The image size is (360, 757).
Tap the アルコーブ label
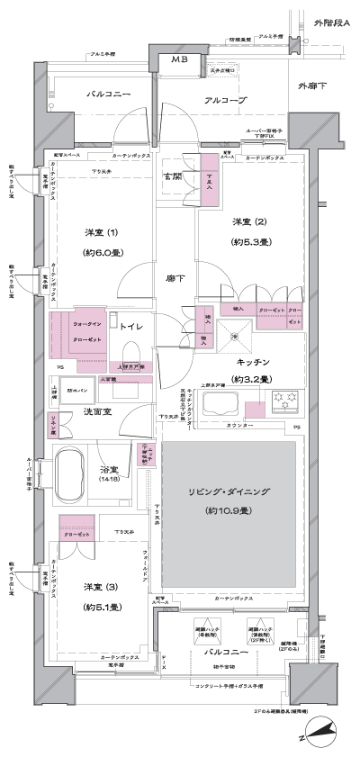point(225,101)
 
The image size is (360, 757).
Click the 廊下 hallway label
point(176,278)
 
